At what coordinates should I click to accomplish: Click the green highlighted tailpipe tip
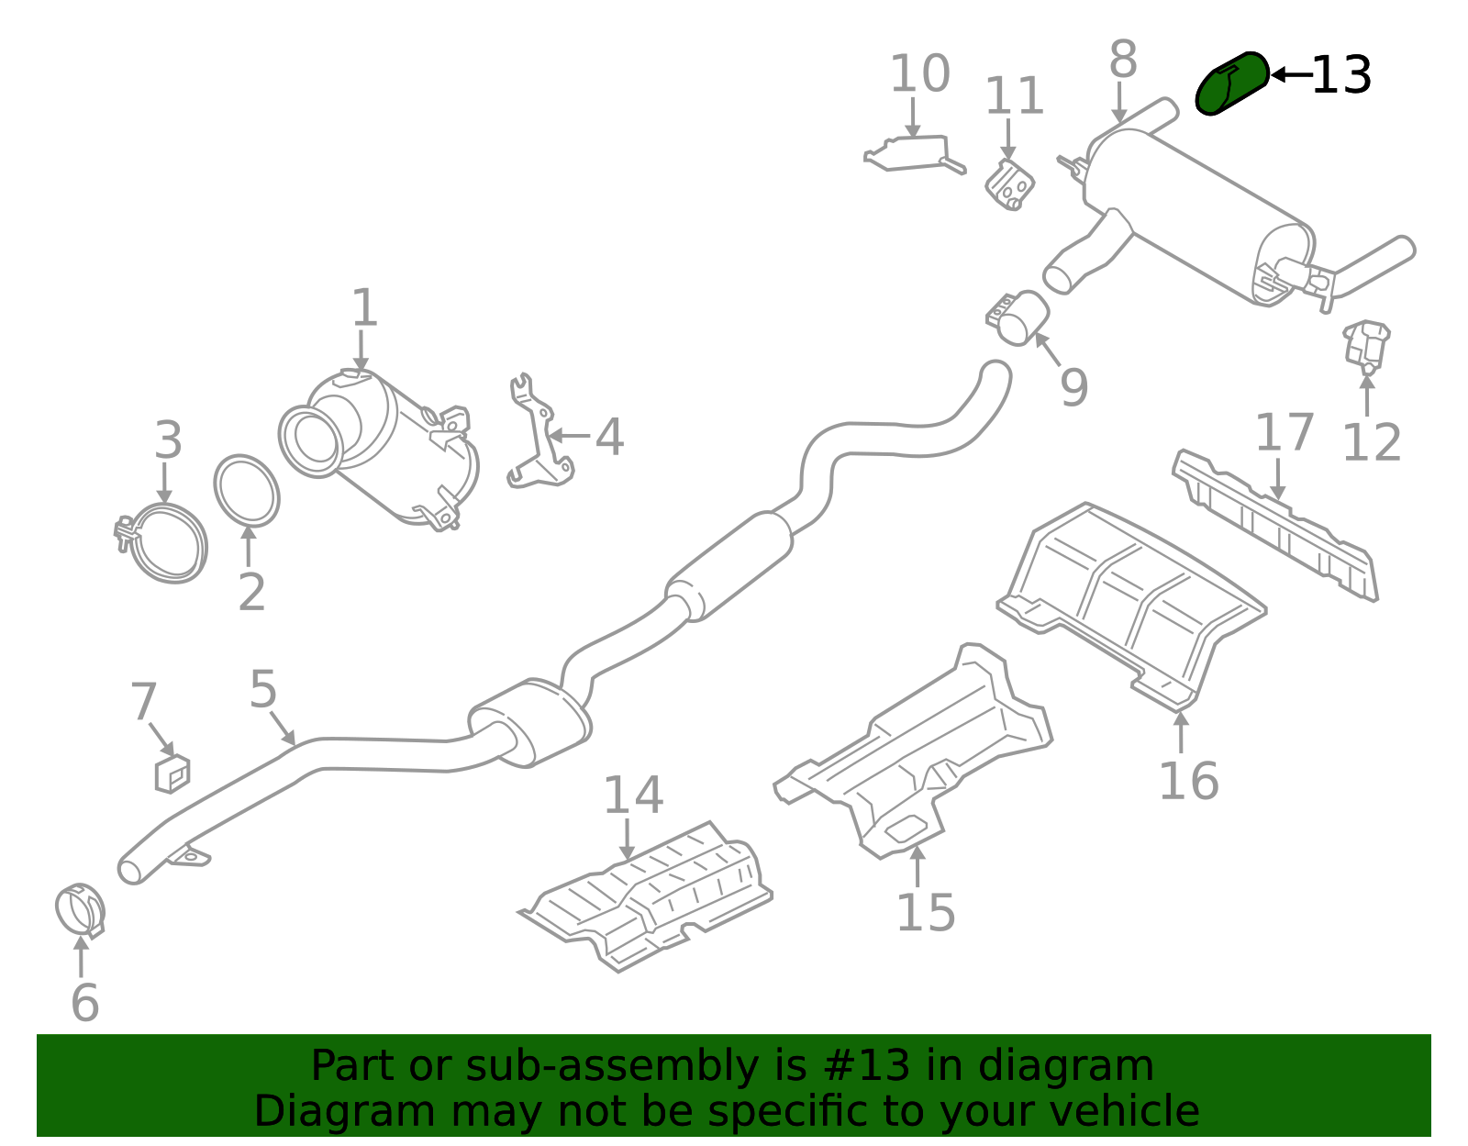pyautogui.click(x=1231, y=83)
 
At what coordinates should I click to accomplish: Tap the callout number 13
pyautogui.click(x=1341, y=75)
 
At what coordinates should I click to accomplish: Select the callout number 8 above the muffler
pyautogui.click(x=1123, y=61)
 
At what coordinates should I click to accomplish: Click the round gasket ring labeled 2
pyautogui.click(x=247, y=490)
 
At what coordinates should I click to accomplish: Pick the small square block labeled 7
pyautogui.click(x=172, y=773)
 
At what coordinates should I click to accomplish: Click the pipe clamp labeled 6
pyautogui.click(x=80, y=910)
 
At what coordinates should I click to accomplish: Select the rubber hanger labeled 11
pyautogui.click(x=1010, y=185)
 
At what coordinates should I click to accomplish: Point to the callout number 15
pyautogui.click(x=925, y=912)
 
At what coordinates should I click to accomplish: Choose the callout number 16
pyautogui.click(x=1188, y=781)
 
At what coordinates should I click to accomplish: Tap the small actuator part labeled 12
pyautogui.click(x=1366, y=345)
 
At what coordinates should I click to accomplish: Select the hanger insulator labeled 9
pyautogui.click(x=1020, y=317)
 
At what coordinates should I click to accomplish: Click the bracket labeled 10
pyautogui.click(x=913, y=153)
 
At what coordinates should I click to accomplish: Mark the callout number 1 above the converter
pyautogui.click(x=364, y=307)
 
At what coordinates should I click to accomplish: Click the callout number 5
pyautogui.click(x=262, y=688)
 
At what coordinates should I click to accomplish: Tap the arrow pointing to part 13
pyautogui.click(x=1290, y=75)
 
